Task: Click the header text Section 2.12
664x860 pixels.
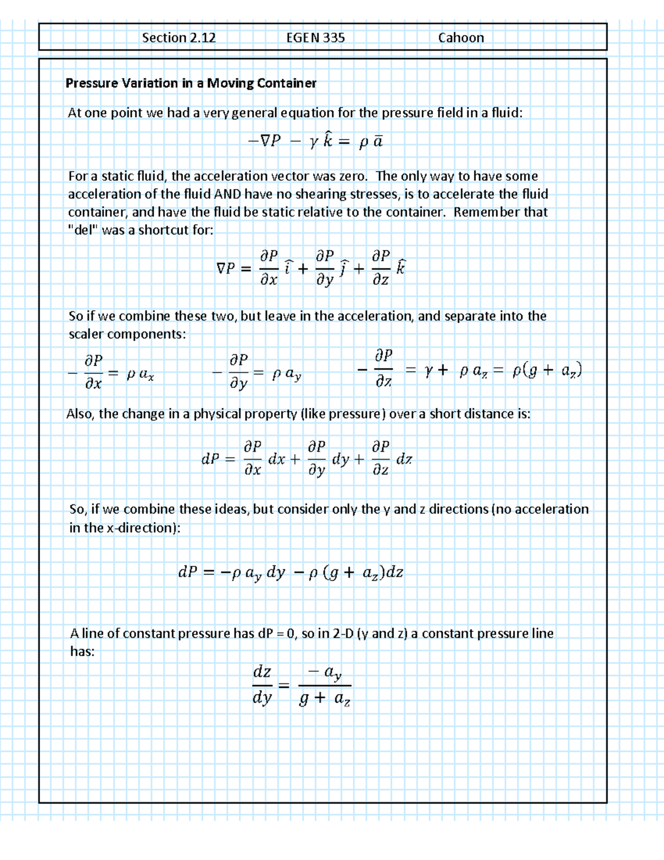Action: [179, 38]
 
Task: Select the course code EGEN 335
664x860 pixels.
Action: [315, 38]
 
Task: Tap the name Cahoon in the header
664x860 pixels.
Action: [461, 38]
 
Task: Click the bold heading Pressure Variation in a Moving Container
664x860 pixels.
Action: [191, 83]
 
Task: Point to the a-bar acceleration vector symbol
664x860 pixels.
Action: [377, 142]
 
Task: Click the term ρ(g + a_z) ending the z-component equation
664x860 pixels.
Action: [547, 370]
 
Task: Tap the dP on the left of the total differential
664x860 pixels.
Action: [211, 459]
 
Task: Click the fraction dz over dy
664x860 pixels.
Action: [262, 685]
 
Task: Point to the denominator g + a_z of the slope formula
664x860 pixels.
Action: [324, 699]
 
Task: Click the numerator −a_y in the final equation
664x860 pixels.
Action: [325, 673]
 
